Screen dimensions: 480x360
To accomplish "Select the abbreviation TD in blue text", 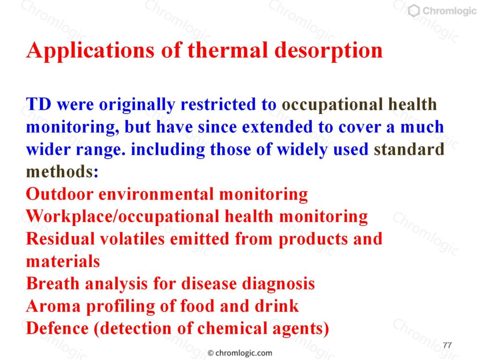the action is coord(38,105).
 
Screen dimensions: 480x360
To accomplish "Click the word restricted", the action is coord(218,105).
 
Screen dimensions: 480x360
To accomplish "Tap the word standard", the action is coord(409,150).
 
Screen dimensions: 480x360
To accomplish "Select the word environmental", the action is coord(156,194).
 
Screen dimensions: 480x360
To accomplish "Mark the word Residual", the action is coord(60,239).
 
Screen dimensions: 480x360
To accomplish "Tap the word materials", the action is coord(63,262).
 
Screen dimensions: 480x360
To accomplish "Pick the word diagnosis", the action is coord(278,284).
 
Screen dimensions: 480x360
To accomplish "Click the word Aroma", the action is coord(53,306).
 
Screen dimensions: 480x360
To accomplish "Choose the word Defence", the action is coord(58,329).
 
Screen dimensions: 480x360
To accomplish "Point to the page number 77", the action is coord(447,345).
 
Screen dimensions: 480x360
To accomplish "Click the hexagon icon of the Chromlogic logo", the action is coord(414,11).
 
